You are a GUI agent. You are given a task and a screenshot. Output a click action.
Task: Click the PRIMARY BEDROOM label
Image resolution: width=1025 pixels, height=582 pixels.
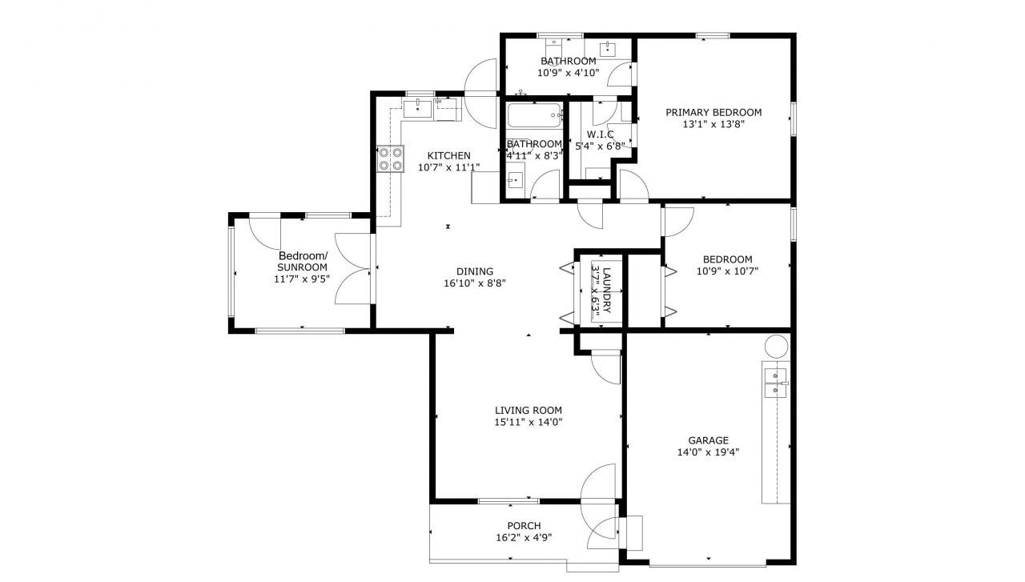[713, 112]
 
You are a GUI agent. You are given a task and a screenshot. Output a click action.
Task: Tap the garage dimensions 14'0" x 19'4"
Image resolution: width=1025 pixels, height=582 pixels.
[708, 452]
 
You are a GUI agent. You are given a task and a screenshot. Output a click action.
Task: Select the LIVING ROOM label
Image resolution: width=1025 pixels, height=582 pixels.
[529, 410]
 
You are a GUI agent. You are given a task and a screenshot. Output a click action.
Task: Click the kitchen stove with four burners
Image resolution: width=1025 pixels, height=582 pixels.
[390, 159]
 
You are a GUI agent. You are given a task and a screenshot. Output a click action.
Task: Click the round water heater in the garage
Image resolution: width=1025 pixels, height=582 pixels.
[776, 347]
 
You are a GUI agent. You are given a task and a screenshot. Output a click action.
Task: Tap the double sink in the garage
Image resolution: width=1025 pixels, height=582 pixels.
[775, 383]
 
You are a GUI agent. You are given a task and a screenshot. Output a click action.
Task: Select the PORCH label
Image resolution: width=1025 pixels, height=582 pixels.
[523, 526]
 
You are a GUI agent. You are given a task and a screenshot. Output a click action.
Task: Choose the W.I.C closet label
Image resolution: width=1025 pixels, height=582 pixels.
[600, 134]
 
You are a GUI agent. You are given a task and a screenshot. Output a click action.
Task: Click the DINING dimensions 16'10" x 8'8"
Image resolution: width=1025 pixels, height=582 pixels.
[475, 283]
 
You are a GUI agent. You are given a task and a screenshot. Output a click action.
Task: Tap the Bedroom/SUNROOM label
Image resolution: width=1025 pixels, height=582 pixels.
[303, 261]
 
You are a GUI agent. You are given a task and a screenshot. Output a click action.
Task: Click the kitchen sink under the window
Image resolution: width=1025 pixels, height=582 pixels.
[419, 108]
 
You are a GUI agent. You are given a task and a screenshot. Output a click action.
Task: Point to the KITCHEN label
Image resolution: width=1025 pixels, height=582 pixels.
[448, 155]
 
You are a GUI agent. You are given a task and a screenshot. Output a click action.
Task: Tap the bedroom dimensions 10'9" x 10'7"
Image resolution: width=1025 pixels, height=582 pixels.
[727, 271]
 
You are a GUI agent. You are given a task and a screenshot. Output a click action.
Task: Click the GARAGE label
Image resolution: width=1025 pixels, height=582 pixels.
[708, 440]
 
